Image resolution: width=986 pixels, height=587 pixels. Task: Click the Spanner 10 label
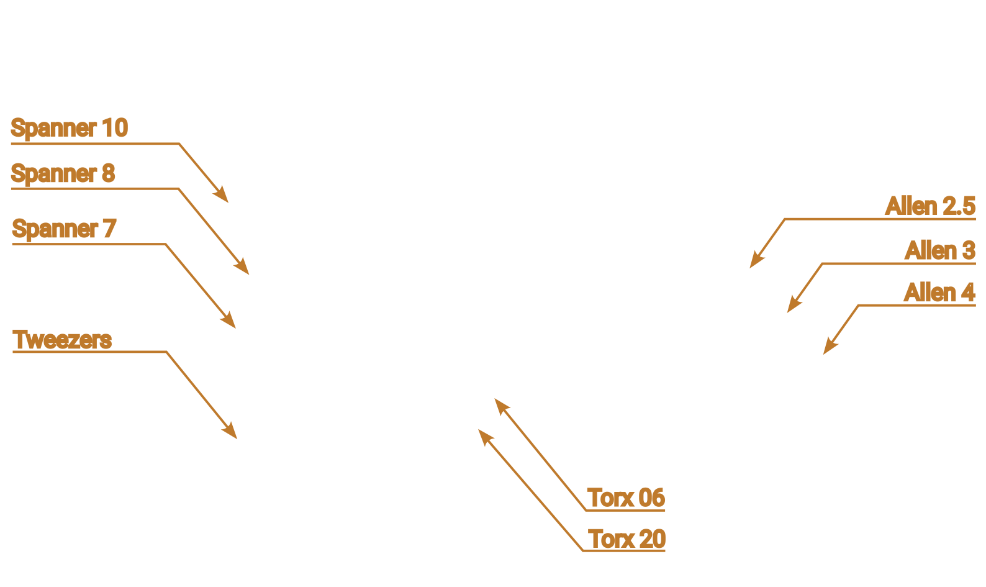coord(69,128)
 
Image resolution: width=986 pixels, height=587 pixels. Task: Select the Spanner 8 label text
coord(63,173)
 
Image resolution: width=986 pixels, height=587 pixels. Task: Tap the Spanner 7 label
coord(63,229)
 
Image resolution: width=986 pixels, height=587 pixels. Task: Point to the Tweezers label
coord(62,340)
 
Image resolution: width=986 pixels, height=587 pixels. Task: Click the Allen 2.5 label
coord(929,206)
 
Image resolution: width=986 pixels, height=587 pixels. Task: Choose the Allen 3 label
coord(939,251)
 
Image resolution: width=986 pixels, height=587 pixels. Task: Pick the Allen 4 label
coord(939,293)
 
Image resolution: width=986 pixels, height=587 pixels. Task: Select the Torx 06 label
coord(626,498)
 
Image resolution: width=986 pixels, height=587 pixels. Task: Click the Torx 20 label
coord(626,539)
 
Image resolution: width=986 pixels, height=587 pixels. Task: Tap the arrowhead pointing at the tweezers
coord(232,433)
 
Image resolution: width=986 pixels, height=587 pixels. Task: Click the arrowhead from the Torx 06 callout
coord(500,404)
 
